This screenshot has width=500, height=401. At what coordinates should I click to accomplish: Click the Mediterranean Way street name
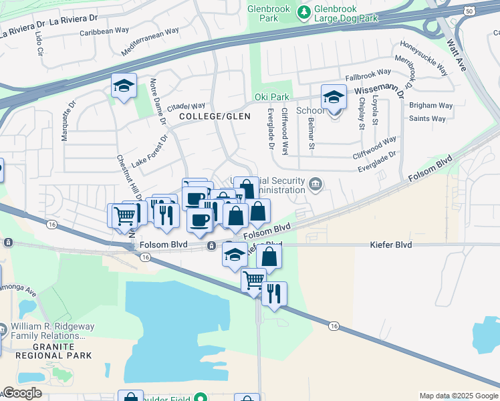(151, 41)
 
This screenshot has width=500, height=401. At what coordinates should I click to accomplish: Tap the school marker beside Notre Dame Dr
(124, 87)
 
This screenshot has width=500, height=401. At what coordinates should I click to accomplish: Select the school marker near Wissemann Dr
(334, 98)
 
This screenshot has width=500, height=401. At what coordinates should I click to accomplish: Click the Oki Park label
(271, 98)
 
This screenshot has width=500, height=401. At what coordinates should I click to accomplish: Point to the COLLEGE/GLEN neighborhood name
(215, 116)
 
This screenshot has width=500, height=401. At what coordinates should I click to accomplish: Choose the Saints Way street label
(427, 119)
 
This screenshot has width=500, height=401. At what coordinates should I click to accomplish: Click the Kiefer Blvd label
(391, 245)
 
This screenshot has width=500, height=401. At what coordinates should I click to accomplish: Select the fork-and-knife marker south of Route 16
(274, 294)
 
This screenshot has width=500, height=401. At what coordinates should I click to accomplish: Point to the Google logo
(22, 393)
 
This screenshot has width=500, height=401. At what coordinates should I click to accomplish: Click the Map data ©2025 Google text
(459, 396)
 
